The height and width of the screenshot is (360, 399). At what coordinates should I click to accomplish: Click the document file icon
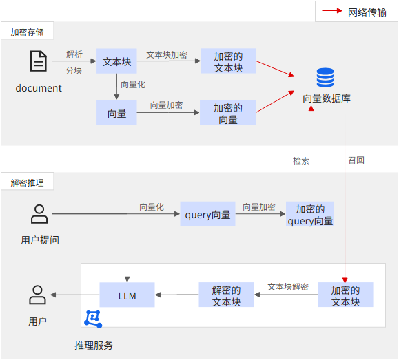pyautogui.click(x=39, y=61)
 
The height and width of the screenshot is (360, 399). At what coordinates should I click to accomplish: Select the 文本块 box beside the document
pyautogui.click(x=116, y=61)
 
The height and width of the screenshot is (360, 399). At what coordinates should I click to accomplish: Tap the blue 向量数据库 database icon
pyautogui.click(x=325, y=77)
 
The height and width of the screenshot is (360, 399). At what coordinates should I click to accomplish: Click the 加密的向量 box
pyautogui.click(x=227, y=112)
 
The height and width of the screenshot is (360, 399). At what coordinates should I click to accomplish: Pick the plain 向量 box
pyautogui.click(x=116, y=112)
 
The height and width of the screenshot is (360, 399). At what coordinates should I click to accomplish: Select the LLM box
pyautogui.click(x=127, y=295)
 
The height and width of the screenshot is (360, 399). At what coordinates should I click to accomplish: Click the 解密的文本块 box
pyautogui.click(x=226, y=295)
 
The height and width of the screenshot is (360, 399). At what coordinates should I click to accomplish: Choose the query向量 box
pyautogui.click(x=207, y=214)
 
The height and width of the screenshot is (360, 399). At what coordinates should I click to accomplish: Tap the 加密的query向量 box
pyautogui.click(x=310, y=214)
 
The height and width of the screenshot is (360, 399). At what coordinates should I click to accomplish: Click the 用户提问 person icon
pyautogui.click(x=39, y=214)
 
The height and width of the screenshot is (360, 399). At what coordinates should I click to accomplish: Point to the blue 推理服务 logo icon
pyautogui.click(x=93, y=319)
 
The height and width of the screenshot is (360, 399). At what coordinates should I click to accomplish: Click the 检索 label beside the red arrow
pyautogui.click(x=300, y=161)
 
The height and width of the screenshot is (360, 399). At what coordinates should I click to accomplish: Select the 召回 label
pyautogui.click(x=356, y=160)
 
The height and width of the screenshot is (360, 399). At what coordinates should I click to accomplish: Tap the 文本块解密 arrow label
pyautogui.click(x=288, y=287)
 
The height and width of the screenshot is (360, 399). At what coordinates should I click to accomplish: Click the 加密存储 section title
pyautogui.click(x=28, y=32)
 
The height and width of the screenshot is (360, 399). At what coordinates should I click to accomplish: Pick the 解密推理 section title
pyautogui.click(x=28, y=183)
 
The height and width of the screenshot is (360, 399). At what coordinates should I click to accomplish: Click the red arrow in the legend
pyautogui.click(x=332, y=11)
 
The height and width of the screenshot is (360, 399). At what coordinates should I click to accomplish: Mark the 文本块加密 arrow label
pyautogui.click(x=167, y=54)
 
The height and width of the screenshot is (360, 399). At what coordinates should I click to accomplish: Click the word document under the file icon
pyautogui.click(x=39, y=88)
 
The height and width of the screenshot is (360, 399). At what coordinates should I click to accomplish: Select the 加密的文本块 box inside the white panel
pyautogui.click(x=345, y=295)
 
